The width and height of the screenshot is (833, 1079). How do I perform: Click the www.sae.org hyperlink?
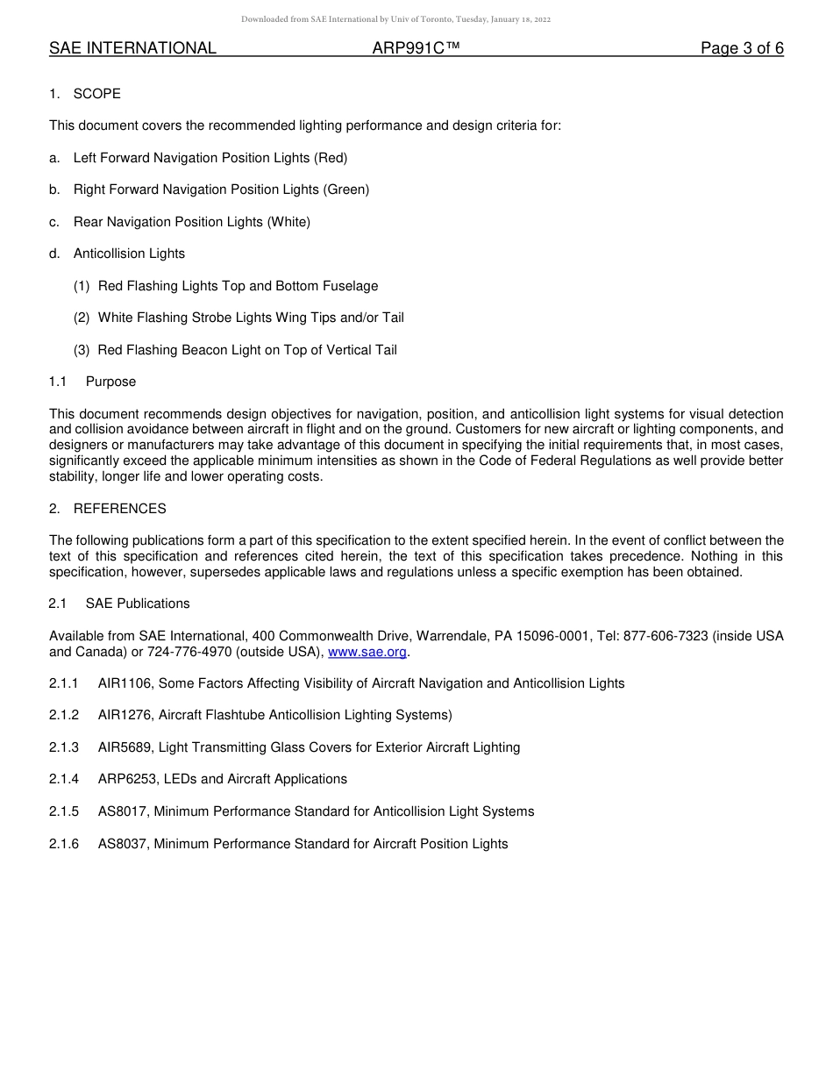point(367,652)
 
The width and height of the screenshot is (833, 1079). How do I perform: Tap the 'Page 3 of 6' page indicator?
point(742,49)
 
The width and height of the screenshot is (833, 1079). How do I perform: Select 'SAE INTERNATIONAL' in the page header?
point(132,49)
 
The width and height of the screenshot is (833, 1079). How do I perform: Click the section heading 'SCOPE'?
point(97,94)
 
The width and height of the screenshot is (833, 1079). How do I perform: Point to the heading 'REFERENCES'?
point(119,509)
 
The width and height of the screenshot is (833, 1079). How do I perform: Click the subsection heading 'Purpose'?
point(110,382)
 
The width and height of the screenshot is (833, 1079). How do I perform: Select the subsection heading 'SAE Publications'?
point(138,604)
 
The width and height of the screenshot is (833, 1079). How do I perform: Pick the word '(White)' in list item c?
point(289,222)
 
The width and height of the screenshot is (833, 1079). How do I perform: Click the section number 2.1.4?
point(64,779)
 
